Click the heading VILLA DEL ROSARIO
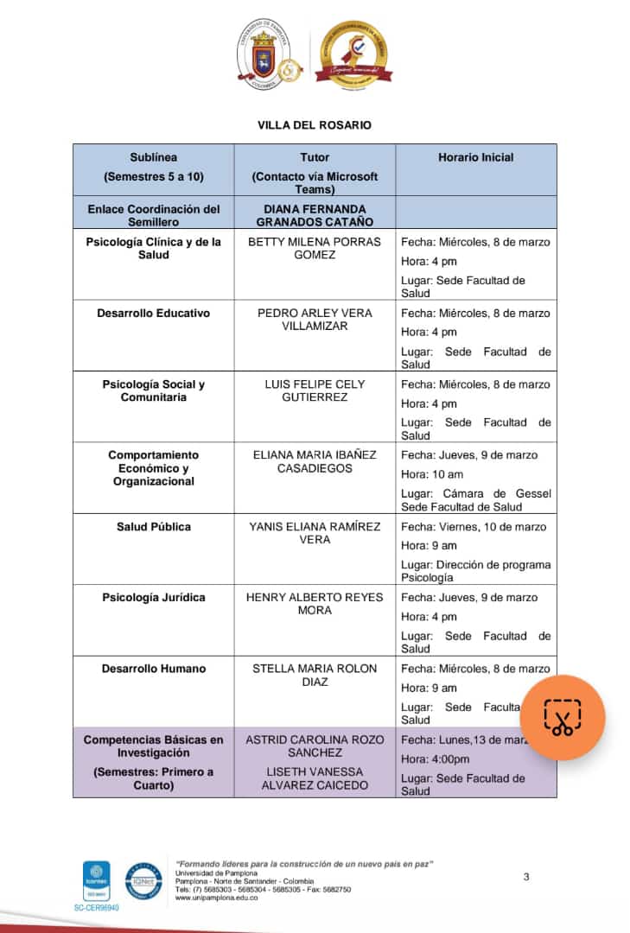tap(315, 125)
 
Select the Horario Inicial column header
tap(475, 157)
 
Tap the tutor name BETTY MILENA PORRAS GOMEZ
tap(315, 248)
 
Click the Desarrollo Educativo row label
tap(153, 313)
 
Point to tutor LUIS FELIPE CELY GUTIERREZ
tap(315, 390)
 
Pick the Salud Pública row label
tap(154, 526)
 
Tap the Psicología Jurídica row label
tap(154, 597)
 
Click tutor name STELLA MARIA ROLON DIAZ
tap(315, 675)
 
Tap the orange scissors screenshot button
tap(563, 718)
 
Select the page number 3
tap(526, 878)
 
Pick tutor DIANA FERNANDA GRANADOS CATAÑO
tap(315, 215)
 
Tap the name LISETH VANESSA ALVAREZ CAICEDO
tap(315, 778)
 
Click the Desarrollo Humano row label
tap(154, 668)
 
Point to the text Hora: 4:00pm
tap(436, 759)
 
